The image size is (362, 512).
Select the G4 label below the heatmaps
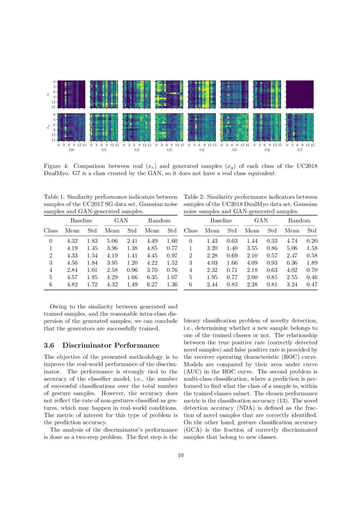click(202, 150)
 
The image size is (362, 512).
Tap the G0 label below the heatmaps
click(72, 150)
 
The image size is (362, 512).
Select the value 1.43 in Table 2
click(212, 240)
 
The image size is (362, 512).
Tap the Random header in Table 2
click(299, 221)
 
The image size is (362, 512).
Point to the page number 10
click(181, 456)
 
